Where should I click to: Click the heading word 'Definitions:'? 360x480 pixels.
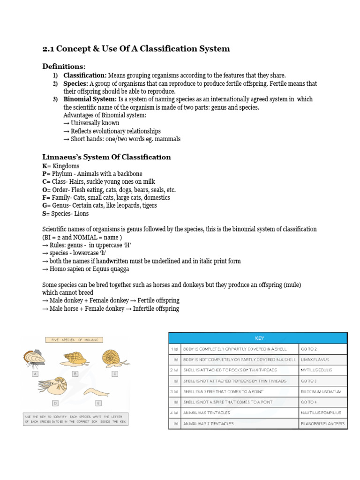[64, 67]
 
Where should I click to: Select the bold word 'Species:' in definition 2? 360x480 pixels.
[76, 83]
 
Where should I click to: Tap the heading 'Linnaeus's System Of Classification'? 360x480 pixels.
[106, 157]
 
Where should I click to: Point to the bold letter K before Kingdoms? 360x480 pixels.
[45, 166]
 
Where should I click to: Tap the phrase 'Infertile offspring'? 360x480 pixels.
[155, 308]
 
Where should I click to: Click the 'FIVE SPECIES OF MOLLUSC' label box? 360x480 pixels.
[74, 339]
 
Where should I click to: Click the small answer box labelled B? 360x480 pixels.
[75, 374]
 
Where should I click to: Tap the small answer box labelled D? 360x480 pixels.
[55, 403]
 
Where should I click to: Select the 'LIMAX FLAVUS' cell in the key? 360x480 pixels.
[322, 360]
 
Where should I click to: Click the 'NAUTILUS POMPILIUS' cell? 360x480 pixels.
[322, 413]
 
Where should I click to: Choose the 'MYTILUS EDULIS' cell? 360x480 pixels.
[322, 370]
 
